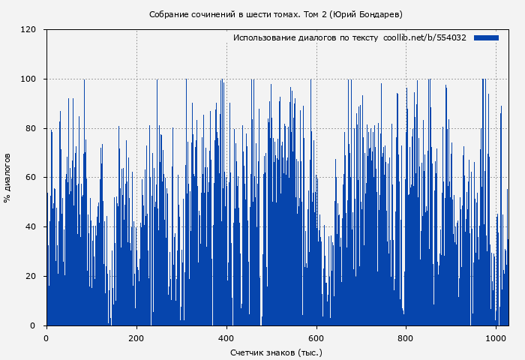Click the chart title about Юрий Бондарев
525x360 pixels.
click(x=275, y=14)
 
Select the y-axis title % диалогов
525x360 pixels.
click(x=7, y=178)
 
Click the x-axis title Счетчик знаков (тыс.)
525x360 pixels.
click(x=276, y=352)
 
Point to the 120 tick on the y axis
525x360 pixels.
click(x=28, y=30)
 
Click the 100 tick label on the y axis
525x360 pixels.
click(x=28, y=79)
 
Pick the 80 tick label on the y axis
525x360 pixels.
click(x=31, y=128)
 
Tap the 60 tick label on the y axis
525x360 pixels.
click(x=31, y=178)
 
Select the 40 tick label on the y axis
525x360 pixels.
click(x=31, y=227)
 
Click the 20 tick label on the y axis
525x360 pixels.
click(x=31, y=276)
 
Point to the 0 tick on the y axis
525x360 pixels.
click(x=33, y=325)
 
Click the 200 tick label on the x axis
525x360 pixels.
click(x=136, y=338)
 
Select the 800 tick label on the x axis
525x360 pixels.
click(x=406, y=338)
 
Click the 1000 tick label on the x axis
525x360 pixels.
click(x=496, y=338)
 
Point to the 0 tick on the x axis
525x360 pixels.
click(x=46, y=338)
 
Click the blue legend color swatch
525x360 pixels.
click(x=486, y=37)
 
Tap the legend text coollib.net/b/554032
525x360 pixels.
click(x=424, y=37)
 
